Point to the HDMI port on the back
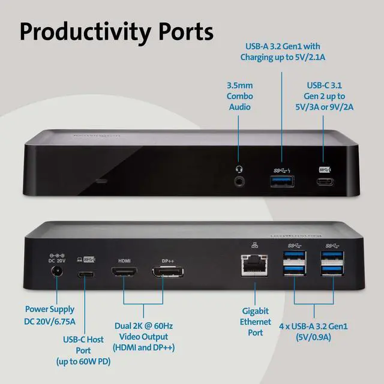(x=124, y=274)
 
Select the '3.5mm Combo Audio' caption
(x=239, y=96)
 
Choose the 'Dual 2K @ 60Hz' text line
(x=143, y=325)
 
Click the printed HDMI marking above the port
(x=124, y=260)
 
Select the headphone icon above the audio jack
(x=240, y=169)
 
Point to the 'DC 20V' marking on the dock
(x=56, y=260)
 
